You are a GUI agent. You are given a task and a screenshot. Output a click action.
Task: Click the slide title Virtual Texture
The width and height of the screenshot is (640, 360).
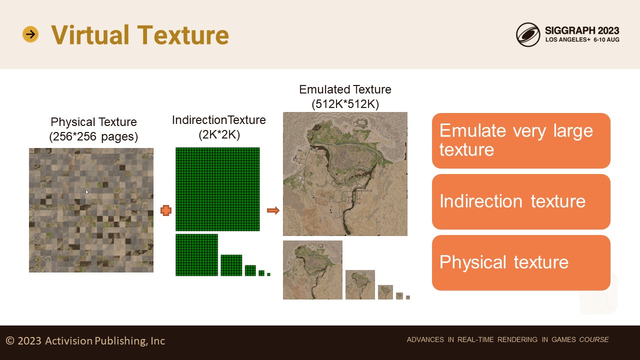pyautogui.click(x=140, y=34)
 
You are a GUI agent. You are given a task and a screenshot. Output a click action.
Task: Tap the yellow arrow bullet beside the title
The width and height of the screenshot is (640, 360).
pyautogui.click(x=30, y=34)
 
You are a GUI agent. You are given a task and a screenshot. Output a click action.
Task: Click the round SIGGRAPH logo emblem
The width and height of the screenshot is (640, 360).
pyautogui.click(x=528, y=34)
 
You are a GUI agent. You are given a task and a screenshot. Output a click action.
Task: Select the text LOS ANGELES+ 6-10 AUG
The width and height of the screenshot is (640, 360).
pyautogui.click(x=582, y=39)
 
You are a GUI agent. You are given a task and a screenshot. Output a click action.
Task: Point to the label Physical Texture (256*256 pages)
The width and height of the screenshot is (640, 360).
pyautogui.click(x=93, y=129)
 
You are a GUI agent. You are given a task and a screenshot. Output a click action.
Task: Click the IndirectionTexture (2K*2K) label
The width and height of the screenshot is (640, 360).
pyautogui.click(x=219, y=127)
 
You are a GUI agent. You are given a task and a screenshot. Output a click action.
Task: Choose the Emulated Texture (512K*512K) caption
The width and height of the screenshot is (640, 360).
pyautogui.click(x=345, y=96)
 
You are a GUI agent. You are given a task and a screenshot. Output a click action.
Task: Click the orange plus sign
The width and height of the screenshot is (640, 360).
pyautogui.click(x=165, y=210)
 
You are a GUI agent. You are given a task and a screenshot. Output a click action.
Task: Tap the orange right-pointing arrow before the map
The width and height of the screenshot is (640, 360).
pyautogui.click(x=273, y=210)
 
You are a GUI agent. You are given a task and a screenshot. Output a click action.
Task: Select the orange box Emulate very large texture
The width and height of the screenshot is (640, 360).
pyautogui.click(x=521, y=140)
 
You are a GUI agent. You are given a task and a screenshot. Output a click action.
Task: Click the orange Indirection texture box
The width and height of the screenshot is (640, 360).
pyautogui.click(x=521, y=201)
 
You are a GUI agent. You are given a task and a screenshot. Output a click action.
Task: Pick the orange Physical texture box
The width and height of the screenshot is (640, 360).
pyautogui.click(x=521, y=262)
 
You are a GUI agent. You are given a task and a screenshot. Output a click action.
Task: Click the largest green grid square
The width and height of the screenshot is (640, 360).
pyautogui.click(x=217, y=189)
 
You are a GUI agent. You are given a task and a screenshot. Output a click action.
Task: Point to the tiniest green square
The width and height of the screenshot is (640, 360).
pyautogui.click(x=268, y=274)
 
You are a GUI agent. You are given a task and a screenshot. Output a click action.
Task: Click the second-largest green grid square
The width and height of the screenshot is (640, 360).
pyautogui.click(x=196, y=255)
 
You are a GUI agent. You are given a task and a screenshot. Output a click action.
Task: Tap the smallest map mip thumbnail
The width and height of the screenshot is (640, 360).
pyautogui.click(x=408, y=297)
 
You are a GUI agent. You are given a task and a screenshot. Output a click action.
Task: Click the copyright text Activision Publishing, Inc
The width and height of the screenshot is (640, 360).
pyautogui.click(x=105, y=341)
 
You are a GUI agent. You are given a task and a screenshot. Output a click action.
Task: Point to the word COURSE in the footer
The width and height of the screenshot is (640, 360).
pyautogui.click(x=594, y=339)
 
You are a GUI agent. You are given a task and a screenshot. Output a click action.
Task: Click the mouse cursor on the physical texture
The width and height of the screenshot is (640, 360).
pyautogui.click(x=87, y=192)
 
